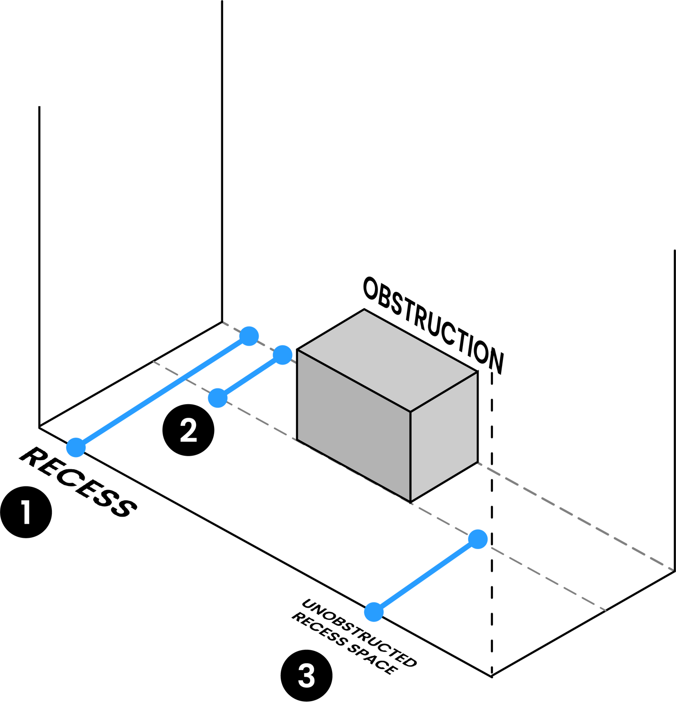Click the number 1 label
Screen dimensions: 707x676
[26, 513]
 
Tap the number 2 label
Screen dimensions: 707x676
[188, 430]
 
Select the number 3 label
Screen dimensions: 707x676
[306, 676]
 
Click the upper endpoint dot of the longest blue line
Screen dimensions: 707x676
[249, 336]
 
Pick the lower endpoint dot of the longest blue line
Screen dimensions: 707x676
[76, 447]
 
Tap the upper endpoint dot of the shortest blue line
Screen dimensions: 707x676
[283, 355]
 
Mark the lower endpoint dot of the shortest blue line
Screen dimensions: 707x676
[218, 398]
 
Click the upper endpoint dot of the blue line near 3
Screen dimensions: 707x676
[478, 539]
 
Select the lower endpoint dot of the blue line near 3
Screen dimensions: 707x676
[374, 612]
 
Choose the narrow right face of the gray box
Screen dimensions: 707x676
[444, 435]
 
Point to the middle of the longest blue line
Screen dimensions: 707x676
[162, 392]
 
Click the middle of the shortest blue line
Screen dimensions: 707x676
[250, 376]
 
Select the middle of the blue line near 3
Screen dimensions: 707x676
[426, 575]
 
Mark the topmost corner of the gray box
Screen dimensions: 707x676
[364, 310]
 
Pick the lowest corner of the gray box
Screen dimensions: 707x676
[411, 501]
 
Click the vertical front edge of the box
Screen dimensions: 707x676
[411, 456]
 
